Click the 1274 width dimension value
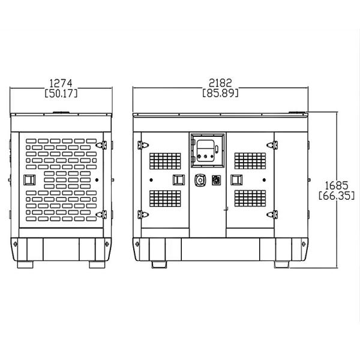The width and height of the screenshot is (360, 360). click(61, 83)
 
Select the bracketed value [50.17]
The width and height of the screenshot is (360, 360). click(61, 93)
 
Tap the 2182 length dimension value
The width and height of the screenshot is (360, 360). click(220, 83)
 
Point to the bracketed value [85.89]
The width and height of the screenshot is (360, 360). click(220, 93)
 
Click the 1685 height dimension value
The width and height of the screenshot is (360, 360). click(337, 185)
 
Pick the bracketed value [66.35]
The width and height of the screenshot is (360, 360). click(337, 196)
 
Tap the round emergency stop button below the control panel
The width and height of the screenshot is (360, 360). click(200, 180)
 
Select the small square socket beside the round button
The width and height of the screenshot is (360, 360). click(216, 180)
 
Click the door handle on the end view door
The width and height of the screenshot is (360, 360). click(29, 180)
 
